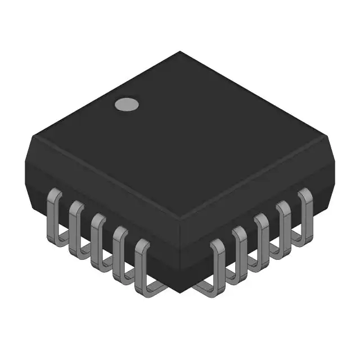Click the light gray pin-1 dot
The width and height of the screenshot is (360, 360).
click(127, 104)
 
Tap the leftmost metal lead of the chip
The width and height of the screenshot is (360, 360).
click(54, 211)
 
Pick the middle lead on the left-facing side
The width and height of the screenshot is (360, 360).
click(98, 236)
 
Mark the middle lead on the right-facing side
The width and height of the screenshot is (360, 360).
click(262, 236)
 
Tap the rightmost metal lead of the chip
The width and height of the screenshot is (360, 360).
click(305, 211)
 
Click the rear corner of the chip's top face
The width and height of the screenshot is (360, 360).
click(180, 52)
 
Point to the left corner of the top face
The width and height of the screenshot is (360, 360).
click(33, 135)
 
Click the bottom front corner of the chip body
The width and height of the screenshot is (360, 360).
click(180, 292)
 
